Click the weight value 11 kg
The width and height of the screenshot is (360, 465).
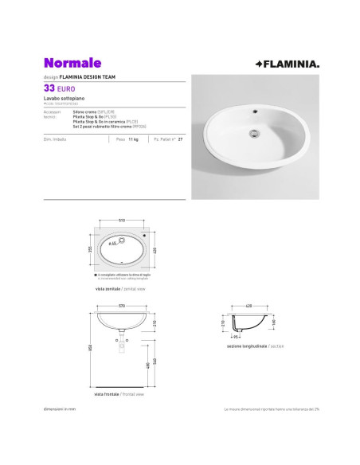tap(134, 138)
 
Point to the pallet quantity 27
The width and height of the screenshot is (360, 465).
tap(181, 138)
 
